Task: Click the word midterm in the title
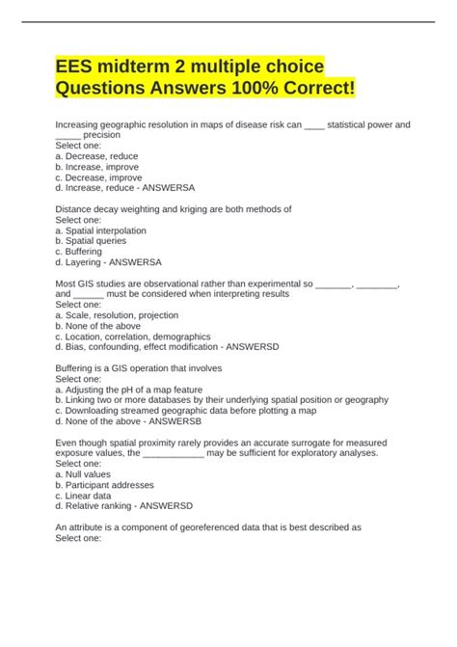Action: [x=144, y=67]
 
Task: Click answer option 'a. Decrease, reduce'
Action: [x=96, y=156]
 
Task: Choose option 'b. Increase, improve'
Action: [x=97, y=167]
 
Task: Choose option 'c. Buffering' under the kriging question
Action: [x=79, y=252]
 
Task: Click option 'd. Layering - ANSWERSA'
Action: [x=108, y=262]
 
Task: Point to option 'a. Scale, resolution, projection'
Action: [x=117, y=315]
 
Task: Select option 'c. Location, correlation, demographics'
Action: [x=132, y=337]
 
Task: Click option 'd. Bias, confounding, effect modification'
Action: [x=154, y=347]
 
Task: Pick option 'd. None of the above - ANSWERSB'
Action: [x=127, y=421]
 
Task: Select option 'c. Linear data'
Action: [x=86, y=495]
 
